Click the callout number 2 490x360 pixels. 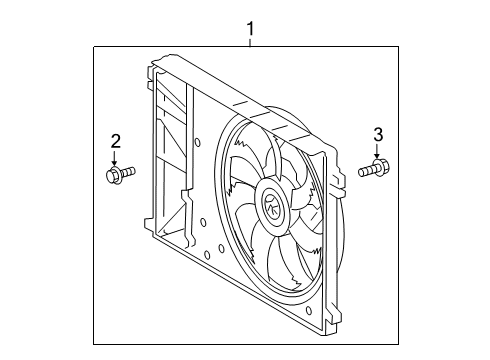115,141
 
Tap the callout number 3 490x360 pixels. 378,134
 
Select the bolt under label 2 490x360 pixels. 115,177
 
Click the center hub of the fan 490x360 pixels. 272,207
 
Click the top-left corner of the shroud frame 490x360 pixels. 152,68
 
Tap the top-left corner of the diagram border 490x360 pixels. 94,47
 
